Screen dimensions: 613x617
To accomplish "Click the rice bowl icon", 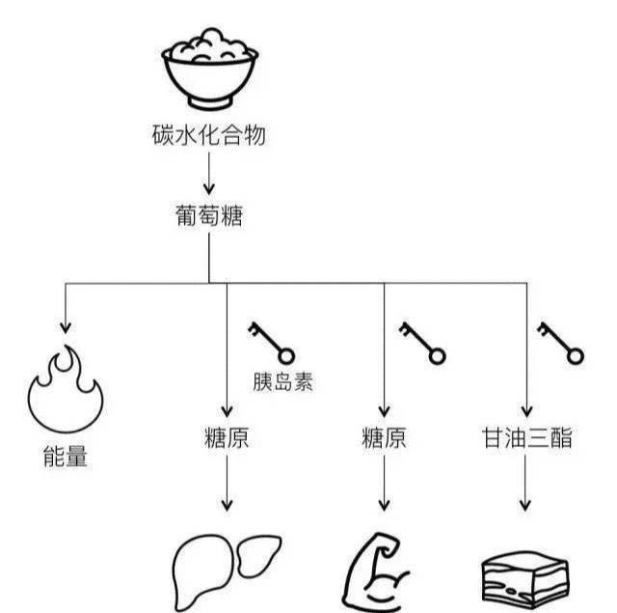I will tap(208, 70).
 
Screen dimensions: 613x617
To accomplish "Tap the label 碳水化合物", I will tap(208, 136).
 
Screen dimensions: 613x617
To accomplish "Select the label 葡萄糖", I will tap(208, 216).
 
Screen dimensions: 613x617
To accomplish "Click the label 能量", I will tap(66, 457).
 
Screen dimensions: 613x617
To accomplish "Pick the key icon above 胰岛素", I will tap(271, 342).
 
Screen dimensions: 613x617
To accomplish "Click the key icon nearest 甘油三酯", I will tap(561, 342).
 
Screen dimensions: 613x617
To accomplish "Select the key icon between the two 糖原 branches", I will tap(422, 342).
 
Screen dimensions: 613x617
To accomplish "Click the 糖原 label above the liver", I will tap(228, 438).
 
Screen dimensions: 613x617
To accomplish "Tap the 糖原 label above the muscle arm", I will tap(384, 438).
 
